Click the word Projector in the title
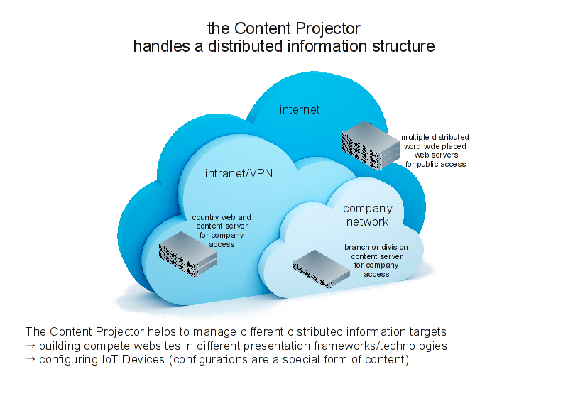(327, 28)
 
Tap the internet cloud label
(300, 109)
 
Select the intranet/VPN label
(239, 173)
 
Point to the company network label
(368, 215)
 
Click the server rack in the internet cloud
(371, 145)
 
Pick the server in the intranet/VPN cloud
(187, 254)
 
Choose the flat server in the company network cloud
(321, 269)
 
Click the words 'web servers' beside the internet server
(436, 155)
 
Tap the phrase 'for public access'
(435, 165)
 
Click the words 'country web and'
(222, 217)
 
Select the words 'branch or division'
(376, 247)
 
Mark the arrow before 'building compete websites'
(31, 346)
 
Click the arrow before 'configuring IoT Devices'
(31, 359)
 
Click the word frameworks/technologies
(381, 346)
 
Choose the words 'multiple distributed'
(435, 137)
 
